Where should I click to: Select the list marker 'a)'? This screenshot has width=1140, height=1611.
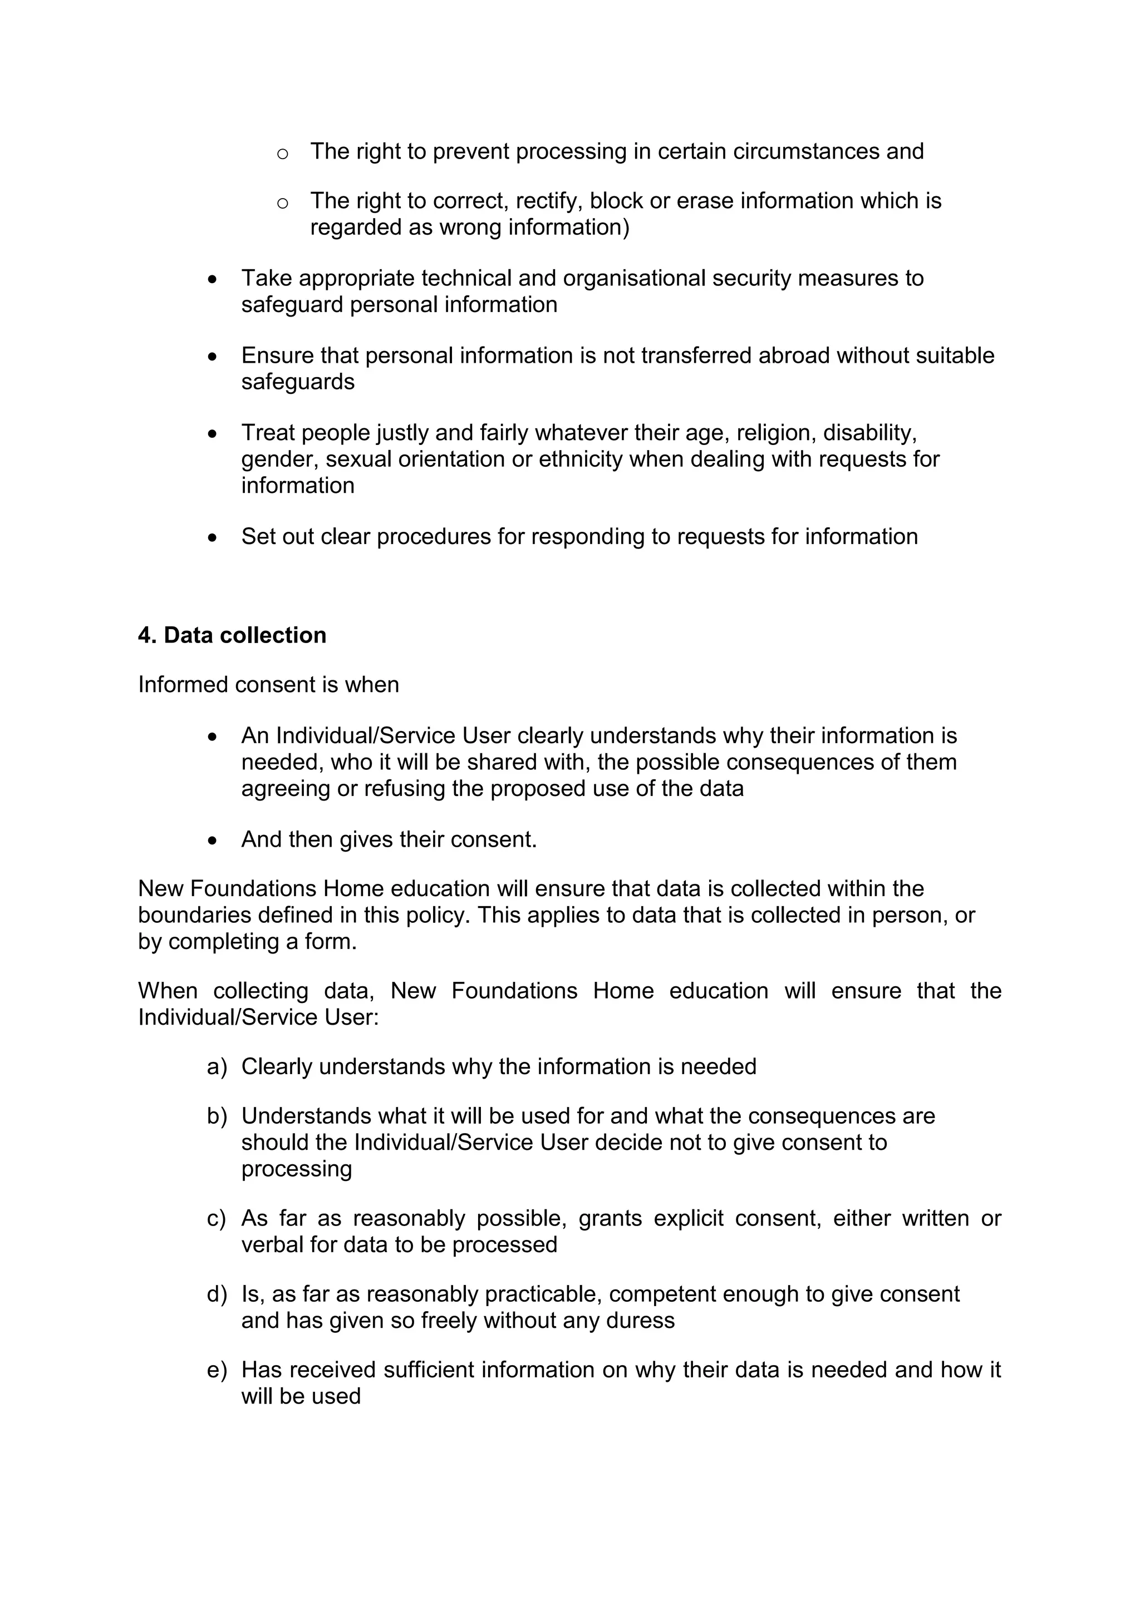pyautogui.click(x=217, y=1067)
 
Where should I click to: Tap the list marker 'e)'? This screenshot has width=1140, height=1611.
pyautogui.click(x=217, y=1370)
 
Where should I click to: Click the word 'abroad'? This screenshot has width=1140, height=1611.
pyautogui.click(x=794, y=355)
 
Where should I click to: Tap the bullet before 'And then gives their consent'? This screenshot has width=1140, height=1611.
pyautogui.click(x=213, y=841)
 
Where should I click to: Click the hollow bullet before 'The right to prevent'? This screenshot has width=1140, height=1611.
pyautogui.click(x=282, y=154)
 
